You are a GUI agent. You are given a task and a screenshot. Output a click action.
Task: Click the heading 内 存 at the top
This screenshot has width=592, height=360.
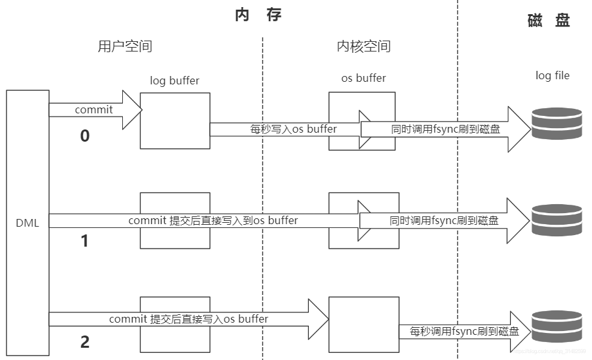click(258, 15)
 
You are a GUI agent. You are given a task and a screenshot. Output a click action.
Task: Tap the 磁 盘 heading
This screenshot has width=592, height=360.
click(548, 21)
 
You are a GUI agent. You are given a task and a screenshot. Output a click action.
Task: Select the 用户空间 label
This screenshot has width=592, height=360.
click(125, 46)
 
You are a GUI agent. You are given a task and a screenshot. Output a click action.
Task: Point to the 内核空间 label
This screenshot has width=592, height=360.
click(364, 46)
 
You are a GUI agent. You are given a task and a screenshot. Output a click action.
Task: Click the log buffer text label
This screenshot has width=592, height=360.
click(174, 81)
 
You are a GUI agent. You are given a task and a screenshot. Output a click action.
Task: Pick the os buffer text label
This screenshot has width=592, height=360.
click(363, 79)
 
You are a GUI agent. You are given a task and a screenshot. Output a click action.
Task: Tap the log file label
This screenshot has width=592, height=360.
click(552, 76)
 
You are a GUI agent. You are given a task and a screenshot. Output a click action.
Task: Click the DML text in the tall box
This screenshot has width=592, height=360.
click(27, 223)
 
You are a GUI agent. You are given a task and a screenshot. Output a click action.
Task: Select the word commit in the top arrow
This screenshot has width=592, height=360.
click(94, 109)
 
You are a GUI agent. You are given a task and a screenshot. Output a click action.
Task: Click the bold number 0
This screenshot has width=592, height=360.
click(84, 137)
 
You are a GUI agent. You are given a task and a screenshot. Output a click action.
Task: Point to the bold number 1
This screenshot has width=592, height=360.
click(84, 241)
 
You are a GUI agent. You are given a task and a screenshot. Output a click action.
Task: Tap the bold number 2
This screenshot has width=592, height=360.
click(84, 342)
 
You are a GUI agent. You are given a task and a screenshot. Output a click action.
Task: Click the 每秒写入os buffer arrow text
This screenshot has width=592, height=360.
click(293, 129)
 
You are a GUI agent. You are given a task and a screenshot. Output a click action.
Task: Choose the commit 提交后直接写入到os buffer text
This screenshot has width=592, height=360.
click(213, 221)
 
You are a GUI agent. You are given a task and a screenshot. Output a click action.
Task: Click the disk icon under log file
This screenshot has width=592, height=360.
click(552, 124)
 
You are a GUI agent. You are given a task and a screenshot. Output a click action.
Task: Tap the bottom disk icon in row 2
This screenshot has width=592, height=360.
click(552, 326)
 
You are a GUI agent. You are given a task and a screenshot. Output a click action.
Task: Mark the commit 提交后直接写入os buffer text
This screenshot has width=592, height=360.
click(189, 319)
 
